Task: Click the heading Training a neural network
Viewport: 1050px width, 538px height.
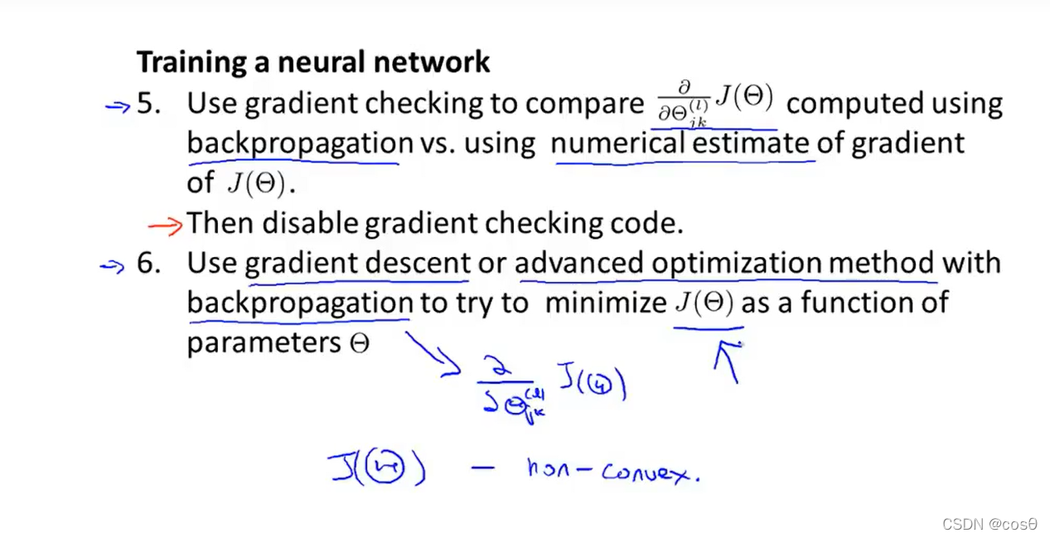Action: (312, 62)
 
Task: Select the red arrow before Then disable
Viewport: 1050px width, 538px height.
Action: (165, 225)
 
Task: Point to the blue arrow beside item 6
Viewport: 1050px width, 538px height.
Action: (112, 265)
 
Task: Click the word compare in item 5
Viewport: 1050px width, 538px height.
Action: (584, 104)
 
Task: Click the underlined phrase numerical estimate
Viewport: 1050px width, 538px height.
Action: (680, 143)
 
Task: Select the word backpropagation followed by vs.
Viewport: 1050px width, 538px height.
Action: (299, 143)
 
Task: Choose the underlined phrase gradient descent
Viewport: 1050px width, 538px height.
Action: (357, 264)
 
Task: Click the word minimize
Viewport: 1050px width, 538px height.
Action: (606, 303)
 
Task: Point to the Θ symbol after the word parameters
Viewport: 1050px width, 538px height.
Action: (360, 343)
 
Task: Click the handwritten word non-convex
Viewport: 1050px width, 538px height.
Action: (613, 471)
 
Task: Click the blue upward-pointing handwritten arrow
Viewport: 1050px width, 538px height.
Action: (728, 361)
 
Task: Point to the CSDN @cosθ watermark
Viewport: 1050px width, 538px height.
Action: (990, 524)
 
